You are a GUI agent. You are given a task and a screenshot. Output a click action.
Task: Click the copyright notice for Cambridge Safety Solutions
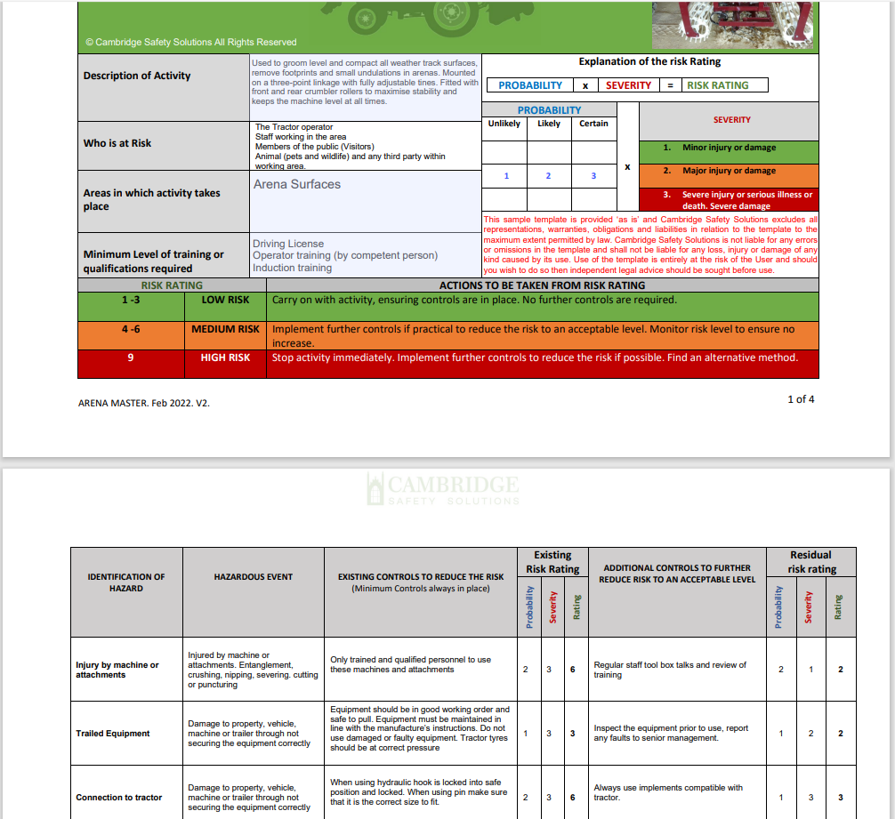[x=191, y=42]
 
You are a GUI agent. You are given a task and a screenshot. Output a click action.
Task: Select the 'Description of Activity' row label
[x=137, y=76]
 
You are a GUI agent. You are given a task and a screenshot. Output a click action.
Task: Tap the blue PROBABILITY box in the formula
[x=530, y=85]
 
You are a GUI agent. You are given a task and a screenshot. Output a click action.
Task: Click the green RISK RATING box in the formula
[x=717, y=85]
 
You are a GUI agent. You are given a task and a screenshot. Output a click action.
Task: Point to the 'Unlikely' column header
[x=504, y=124]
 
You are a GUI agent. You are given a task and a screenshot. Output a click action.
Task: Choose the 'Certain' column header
[x=593, y=124]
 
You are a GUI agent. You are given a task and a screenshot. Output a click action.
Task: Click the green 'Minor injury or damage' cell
[x=729, y=148]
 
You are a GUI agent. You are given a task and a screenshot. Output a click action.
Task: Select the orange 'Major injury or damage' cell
[x=729, y=171]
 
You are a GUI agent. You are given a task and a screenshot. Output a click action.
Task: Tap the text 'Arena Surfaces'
[x=297, y=184]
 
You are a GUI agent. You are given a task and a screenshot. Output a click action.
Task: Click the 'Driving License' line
[x=288, y=244]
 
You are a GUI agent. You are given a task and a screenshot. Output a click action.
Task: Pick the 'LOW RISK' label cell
[x=226, y=300]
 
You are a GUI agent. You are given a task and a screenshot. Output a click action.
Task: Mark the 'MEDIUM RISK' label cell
[x=226, y=329]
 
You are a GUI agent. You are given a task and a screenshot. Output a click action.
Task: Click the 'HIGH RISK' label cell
[x=226, y=357]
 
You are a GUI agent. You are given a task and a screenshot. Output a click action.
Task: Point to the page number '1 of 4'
[x=801, y=399]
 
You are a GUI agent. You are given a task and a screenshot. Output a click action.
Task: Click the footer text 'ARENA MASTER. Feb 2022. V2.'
[x=144, y=403]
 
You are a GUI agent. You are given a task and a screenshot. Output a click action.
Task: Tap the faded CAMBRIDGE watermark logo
[x=442, y=488]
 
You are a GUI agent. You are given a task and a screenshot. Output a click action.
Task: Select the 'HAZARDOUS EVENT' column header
[x=254, y=577]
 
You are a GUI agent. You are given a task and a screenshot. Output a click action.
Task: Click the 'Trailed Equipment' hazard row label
[x=113, y=734]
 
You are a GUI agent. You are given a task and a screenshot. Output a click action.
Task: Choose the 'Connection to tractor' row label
[x=119, y=798]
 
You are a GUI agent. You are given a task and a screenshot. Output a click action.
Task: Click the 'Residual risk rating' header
[x=811, y=561]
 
